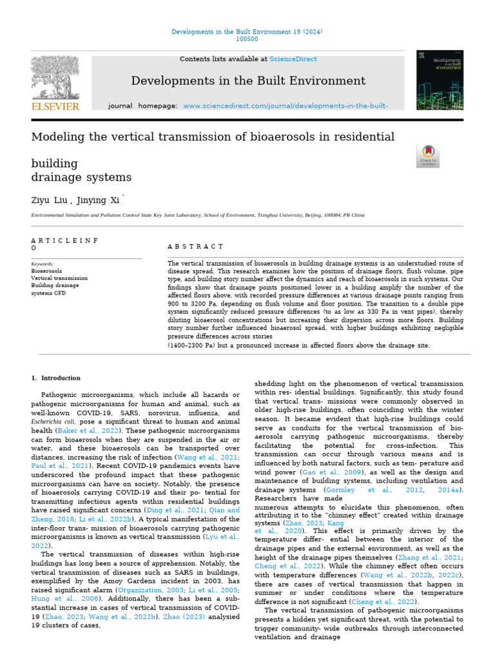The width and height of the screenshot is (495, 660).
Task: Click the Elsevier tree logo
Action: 55,77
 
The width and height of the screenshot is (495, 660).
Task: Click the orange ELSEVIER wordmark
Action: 55,106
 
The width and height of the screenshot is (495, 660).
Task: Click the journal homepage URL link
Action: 286,105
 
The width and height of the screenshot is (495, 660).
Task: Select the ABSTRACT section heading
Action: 195,246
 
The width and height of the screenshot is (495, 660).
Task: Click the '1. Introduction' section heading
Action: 56,378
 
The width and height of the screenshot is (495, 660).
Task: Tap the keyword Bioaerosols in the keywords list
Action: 47,271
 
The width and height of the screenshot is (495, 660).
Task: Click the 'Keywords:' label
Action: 43,264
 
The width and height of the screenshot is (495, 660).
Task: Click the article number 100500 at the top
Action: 247,39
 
